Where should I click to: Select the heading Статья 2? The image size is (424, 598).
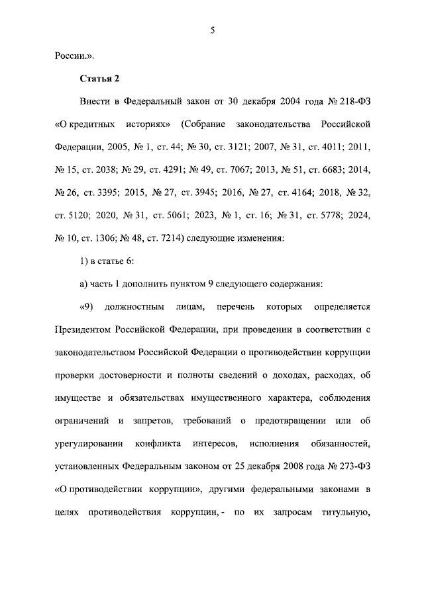(100, 79)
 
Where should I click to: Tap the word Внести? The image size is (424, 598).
(95, 103)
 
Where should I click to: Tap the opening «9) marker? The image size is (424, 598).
(88, 307)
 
